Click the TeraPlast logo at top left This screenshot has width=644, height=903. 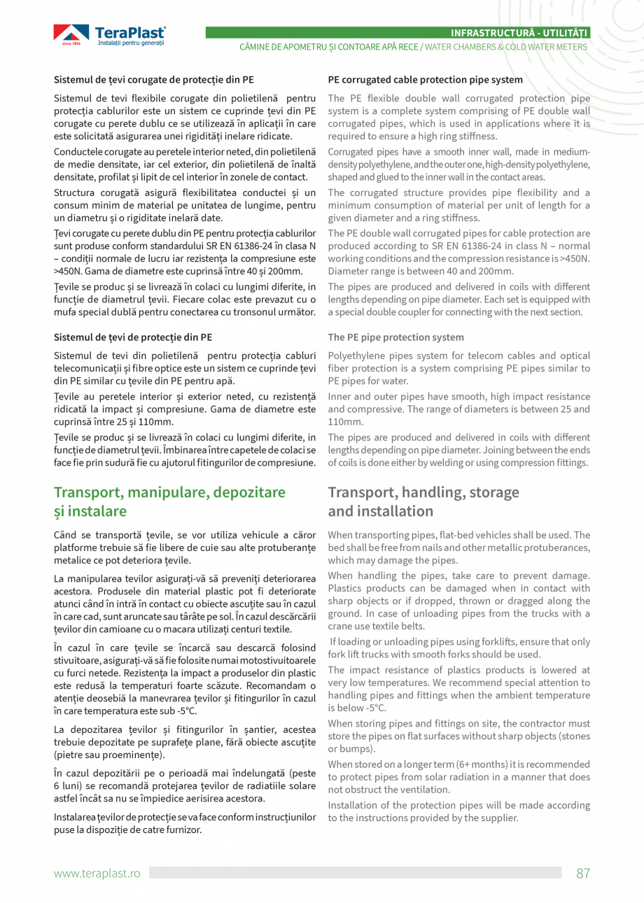tap(109, 35)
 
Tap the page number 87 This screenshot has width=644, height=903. tap(583, 873)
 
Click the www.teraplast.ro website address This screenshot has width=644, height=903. tap(97, 873)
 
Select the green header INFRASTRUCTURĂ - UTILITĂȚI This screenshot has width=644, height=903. tap(519, 33)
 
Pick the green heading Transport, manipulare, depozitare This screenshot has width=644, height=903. tap(169, 492)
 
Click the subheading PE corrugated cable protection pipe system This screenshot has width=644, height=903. tap(425, 80)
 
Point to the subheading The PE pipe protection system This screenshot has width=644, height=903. tap(395, 337)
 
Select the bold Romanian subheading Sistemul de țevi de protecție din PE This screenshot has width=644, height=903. tap(133, 337)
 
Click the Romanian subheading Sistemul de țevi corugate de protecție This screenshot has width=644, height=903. tap(154, 80)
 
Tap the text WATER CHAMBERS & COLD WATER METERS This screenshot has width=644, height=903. tap(506, 46)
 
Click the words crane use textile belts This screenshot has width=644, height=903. tap(377, 626)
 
